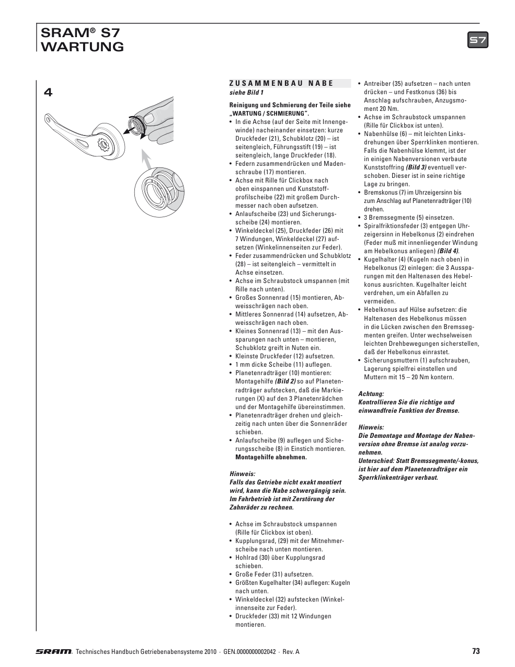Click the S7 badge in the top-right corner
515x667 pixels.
coord(477,40)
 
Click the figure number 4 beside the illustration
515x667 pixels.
coord(48,93)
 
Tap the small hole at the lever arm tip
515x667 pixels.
coord(50,120)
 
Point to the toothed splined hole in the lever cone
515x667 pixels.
coord(104,143)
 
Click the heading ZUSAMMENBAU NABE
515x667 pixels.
coord(281,83)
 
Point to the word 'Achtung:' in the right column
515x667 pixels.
coord(371,394)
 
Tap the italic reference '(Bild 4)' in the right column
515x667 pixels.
coord(448,251)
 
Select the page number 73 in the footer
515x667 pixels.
coord(475,651)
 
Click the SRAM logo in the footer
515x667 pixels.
coord(54,652)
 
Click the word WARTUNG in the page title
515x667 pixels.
coord(82,47)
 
